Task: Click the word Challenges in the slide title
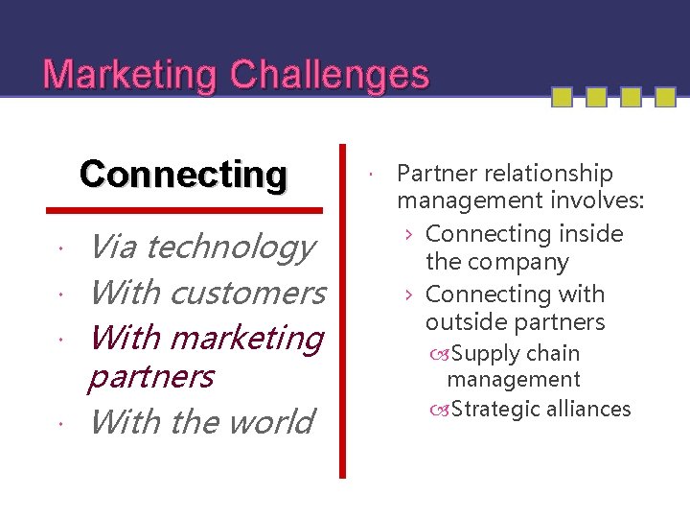[331, 75]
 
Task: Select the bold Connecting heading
[183, 175]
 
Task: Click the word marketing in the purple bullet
[248, 338]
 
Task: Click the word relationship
[547, 174]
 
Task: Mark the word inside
[585, 234]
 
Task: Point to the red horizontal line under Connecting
[185, 209]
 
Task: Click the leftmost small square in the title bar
[563, 97]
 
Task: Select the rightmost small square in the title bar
[663, 97]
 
